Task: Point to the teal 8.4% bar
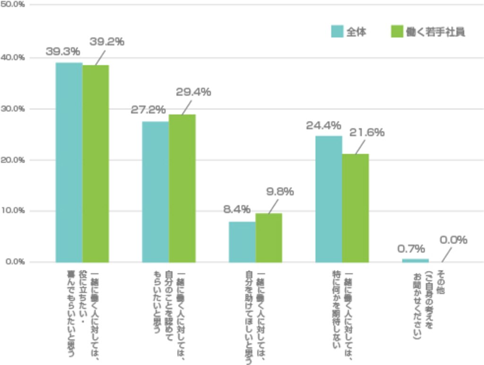point(242,242)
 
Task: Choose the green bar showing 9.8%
point(269,238)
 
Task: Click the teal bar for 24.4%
point(329,199)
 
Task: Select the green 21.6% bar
point(355,208)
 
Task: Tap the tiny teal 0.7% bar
point(415,261)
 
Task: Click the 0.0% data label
point(453,240)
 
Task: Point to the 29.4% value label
point(193,92)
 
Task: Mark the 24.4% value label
point(323,126)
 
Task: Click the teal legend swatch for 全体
point(337,32)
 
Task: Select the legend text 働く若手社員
point(435,32)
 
